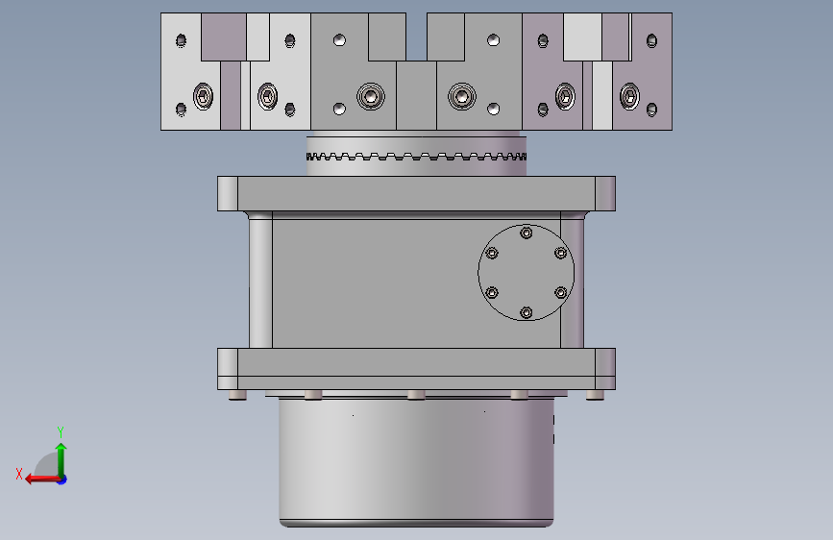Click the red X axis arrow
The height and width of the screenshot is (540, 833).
pyautogui.click(x=42, y=479)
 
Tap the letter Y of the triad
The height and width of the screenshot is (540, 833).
pyautogui.click(x=61, y=431)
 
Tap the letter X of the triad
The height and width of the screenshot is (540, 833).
pyautogui.click(x=19, y=474)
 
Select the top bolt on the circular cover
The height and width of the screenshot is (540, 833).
pyautogui.click(x=526, y=233)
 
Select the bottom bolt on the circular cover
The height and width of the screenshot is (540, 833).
pyautogui.click(x=526, y=312)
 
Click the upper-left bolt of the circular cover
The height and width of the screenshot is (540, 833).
pyautogui.click(x=492, y=253)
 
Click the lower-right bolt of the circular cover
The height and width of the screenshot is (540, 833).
pyautogui.click(x=560, y=292)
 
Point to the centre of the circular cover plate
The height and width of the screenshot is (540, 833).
pyautogui.click(x=526, y=273)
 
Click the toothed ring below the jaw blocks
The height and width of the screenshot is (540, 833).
pyautogui.click(x=417, y=157)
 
